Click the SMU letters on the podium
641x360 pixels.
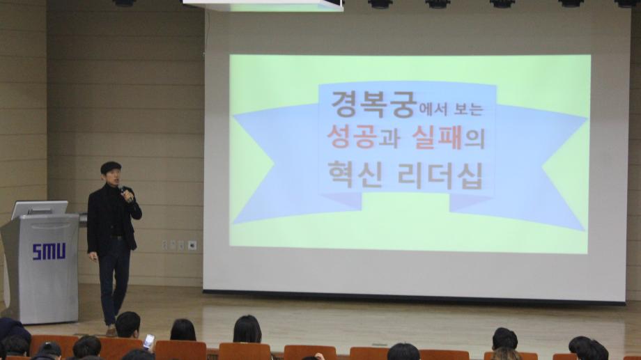pos(49,251)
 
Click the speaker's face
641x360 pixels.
pos(111,175)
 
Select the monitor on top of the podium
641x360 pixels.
pos(40,209)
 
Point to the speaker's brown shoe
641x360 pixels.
pos(111,330)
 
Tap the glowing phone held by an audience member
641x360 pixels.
pos(148,341)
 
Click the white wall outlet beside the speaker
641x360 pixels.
pos(192,245)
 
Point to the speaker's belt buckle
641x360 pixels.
pos(114,238)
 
